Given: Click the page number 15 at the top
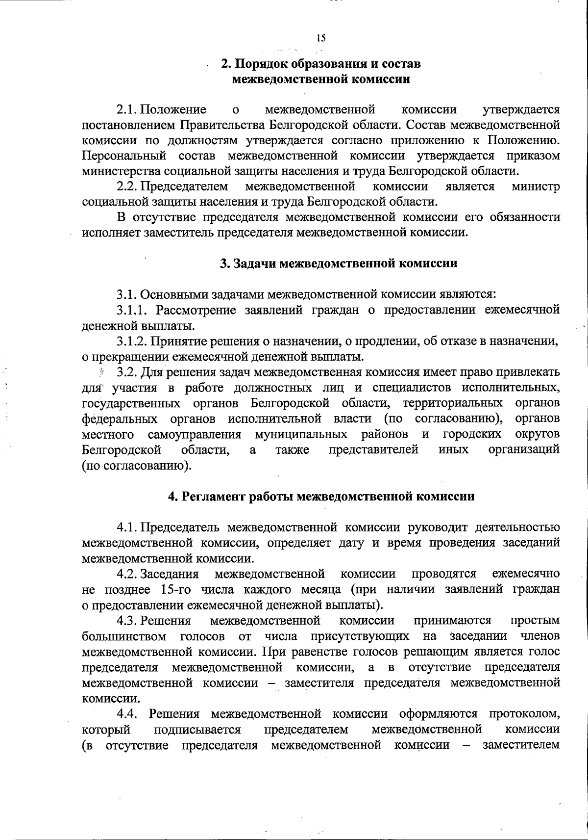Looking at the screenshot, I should [x=321, y=38].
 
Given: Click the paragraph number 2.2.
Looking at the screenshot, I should [x=127, y=186].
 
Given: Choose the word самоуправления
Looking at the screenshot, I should [x=195, y=434].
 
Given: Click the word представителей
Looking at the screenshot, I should [x=373, y=450].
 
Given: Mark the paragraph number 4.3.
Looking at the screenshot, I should [x=126, y=621].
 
